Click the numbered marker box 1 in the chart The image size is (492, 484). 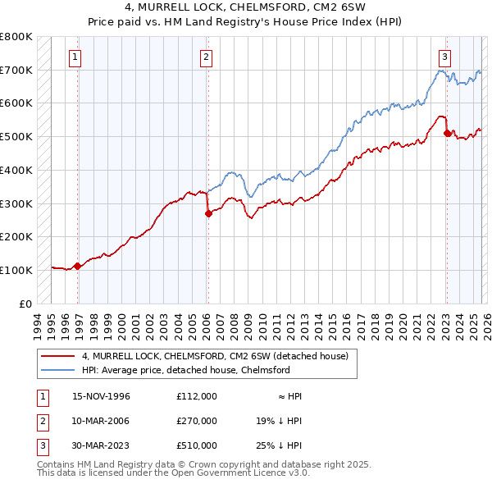(x=75, y=57)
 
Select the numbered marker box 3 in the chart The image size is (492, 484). (x=444, y=57)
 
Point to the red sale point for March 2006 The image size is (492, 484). (x=207, y=213)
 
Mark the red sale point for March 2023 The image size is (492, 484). (x=447, y=133)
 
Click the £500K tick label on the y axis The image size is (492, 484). (x=16, y=136)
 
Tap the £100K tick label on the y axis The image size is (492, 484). (x=16, y=270)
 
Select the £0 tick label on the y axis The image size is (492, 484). (x=25, y=304)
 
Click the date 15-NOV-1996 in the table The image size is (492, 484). (x=102, y=396)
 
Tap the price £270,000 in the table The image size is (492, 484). (x=197, y=421)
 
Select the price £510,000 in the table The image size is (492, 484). (x=197, y=445)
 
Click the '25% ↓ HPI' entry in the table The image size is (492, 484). (x=279, y=445)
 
